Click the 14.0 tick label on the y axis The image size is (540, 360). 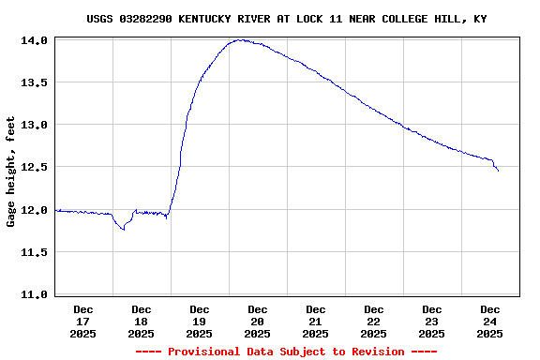pos(35,41)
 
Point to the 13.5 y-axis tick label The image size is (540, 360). pos(35,83)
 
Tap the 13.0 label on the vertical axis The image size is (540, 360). pos(35,126)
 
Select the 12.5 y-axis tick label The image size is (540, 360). pos(35,168)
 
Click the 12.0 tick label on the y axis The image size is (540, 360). pos(35,210)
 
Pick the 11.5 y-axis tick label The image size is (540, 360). pos(35,252)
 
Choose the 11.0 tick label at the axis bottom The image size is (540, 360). pos(35,294)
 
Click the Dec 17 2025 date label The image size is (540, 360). pos(83,321)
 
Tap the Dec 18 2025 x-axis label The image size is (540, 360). pos(142,321)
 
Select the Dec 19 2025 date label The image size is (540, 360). pos(200,321)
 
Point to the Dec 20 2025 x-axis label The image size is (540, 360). pos(258,321)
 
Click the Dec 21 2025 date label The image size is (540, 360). pos(316,321)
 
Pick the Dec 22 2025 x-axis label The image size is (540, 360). pos(374,321)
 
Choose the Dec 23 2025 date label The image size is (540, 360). pos(432,321)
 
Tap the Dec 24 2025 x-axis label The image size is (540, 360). pos(490,321)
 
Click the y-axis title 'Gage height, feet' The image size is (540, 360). pos(11,172)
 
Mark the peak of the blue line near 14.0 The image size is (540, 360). pos(241,40)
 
